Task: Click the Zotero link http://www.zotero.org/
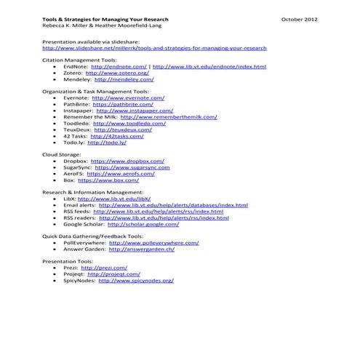tap(117, 73)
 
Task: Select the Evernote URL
tap(129, 97)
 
